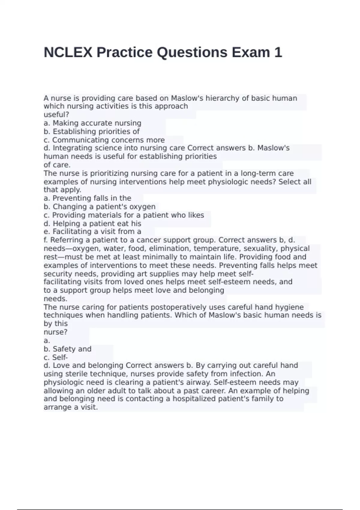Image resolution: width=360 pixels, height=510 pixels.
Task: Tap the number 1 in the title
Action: click(278, 52)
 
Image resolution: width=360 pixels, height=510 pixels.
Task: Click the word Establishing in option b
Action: click(71, 132)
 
